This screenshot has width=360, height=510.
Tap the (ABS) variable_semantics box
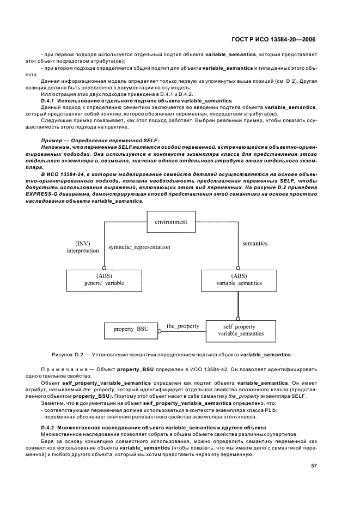(239, 280)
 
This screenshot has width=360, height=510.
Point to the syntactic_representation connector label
(139, 247)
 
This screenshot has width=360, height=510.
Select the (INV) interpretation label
(83, 247)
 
